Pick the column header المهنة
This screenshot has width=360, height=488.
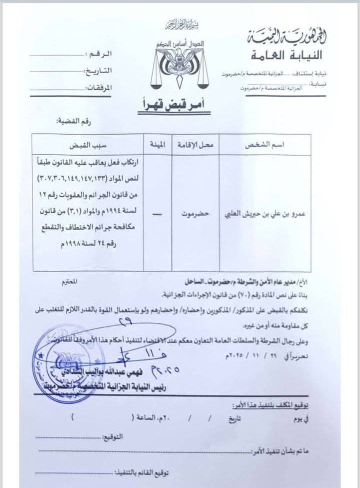pyautogui.click(x=152, y=145)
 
